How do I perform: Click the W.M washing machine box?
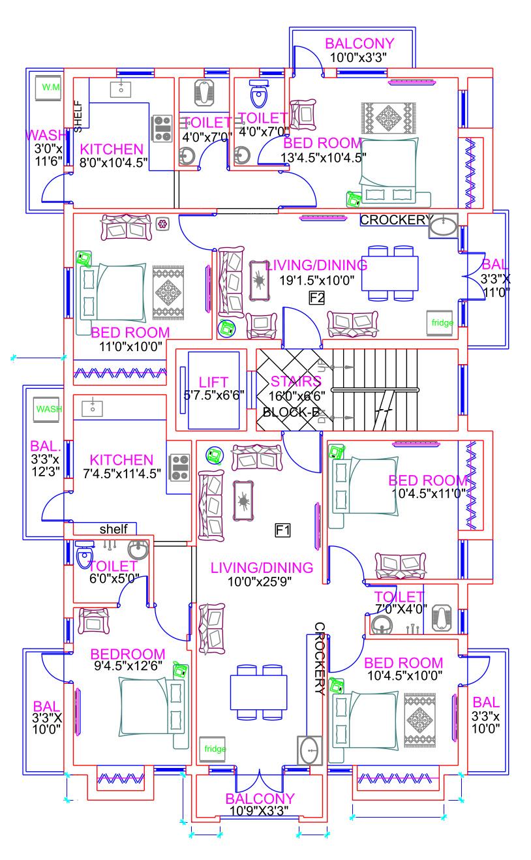49,87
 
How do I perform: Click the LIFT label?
213,382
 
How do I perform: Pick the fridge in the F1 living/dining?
215,748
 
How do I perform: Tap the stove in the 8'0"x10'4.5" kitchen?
162,128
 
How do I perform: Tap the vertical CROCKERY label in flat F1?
319,659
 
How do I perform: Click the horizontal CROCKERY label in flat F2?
393,221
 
